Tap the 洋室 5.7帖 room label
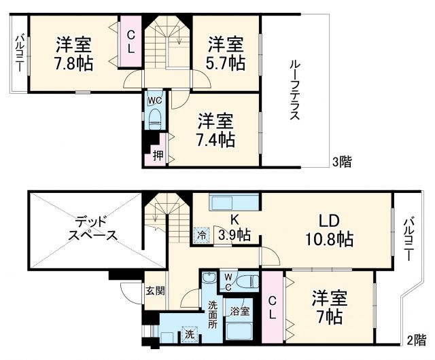226,53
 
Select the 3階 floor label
341,162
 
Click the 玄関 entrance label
154,290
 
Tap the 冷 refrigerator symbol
201,234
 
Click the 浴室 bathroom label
239,311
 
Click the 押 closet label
158,156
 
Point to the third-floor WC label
154,101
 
